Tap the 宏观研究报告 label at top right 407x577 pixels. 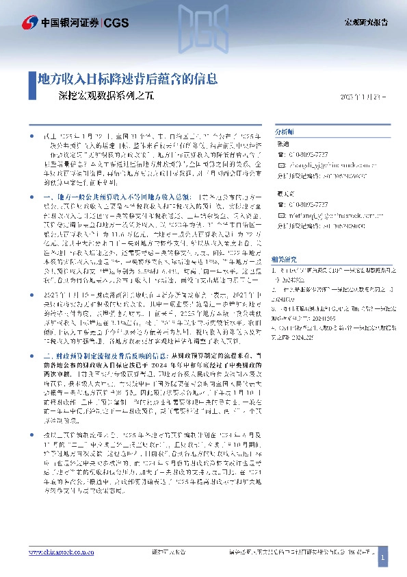pyautogui.click(x=365, y=23)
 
